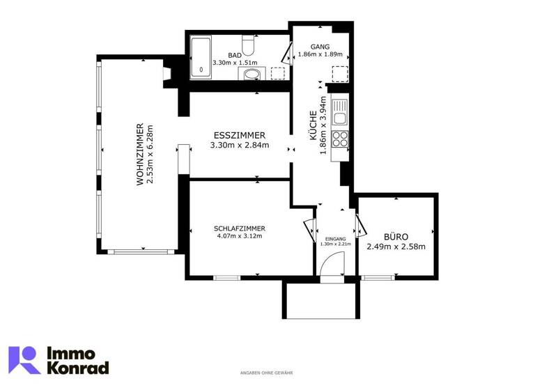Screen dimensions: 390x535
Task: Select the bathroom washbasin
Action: click(x=252, y=74)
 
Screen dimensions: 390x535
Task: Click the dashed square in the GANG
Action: click(x=340, y=74)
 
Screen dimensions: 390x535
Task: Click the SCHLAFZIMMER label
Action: click(x=240, y=228)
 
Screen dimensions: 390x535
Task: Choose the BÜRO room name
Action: click(x=396, y=236)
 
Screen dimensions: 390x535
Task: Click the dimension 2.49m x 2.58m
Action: click(x=396, y=247)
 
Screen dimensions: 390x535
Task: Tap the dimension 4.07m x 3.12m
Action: click(x=240, y=237)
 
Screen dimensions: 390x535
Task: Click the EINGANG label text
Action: click(x=334, y=239)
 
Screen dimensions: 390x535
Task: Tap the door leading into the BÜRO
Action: click(x=360, y=225)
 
